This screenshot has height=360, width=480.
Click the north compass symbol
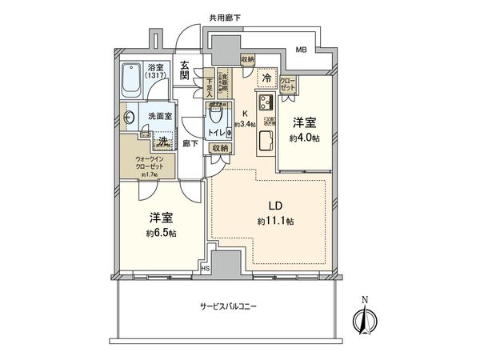(364, 319)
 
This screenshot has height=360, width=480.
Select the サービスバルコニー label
(228, 307)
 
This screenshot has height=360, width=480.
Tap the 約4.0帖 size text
(306, 138)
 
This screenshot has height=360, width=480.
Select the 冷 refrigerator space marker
(265, 78)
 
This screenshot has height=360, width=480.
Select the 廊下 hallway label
(190, 143)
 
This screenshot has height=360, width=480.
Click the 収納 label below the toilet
(221, 148)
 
